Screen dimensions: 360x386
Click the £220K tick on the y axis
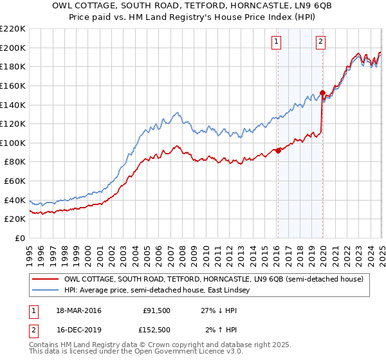point(12,29)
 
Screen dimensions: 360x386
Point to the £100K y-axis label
point(12,143)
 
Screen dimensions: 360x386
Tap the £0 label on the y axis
point(19,238)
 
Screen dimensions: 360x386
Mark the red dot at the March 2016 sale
point(278,151)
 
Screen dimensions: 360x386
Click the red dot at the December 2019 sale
point(322,93)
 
